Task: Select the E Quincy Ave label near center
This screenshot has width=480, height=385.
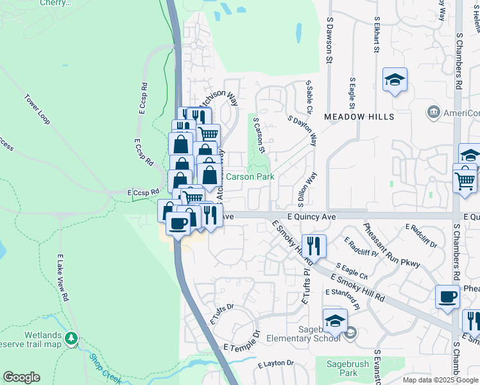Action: tap(312, 217)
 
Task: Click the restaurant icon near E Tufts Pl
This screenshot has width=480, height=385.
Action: tap(314, 245)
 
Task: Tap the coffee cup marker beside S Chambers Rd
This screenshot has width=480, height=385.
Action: tap(447, 296)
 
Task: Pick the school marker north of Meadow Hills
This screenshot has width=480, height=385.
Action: tap(395, 80)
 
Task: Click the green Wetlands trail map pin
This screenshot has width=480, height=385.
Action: tap(71, 337)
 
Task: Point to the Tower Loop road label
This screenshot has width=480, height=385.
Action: tap(37, 110)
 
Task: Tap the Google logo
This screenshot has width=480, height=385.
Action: tap(22, 377)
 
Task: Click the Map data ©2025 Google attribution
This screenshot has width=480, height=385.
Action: tap(440, 380)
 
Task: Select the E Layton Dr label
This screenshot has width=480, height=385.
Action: tap(275, 363)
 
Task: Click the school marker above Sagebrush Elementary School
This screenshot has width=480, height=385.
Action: tap(335, 320)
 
